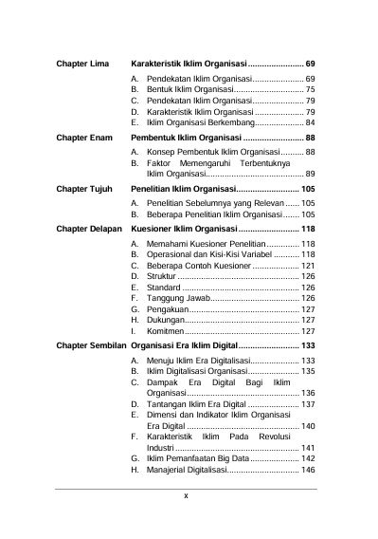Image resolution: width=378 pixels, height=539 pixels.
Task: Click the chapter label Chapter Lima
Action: [83, 62]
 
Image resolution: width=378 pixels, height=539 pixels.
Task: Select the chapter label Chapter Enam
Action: [84, 139]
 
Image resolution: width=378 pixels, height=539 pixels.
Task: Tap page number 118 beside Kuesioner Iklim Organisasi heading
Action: [307, 229]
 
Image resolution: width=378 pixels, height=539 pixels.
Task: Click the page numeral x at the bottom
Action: [186, 495]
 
